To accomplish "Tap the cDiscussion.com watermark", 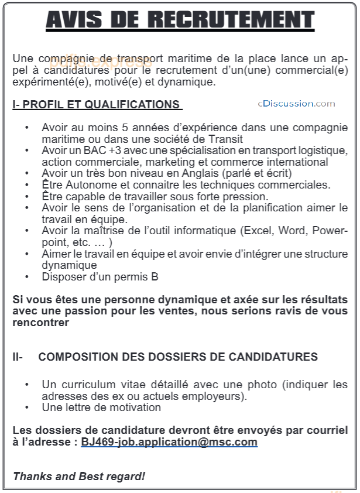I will tap(296, 104).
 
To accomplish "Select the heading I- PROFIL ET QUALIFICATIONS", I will tap(97, 105).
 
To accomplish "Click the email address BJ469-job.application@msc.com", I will tap(169, 442).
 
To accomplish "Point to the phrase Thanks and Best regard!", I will tap(79, 477).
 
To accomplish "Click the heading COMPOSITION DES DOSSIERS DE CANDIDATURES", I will tap(178, 357).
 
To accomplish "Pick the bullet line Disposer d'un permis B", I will tap(100, 277).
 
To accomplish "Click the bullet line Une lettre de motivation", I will tap(101, 407).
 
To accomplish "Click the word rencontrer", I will tap(41, 323).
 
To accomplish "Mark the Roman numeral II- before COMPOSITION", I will tap(18, 357).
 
